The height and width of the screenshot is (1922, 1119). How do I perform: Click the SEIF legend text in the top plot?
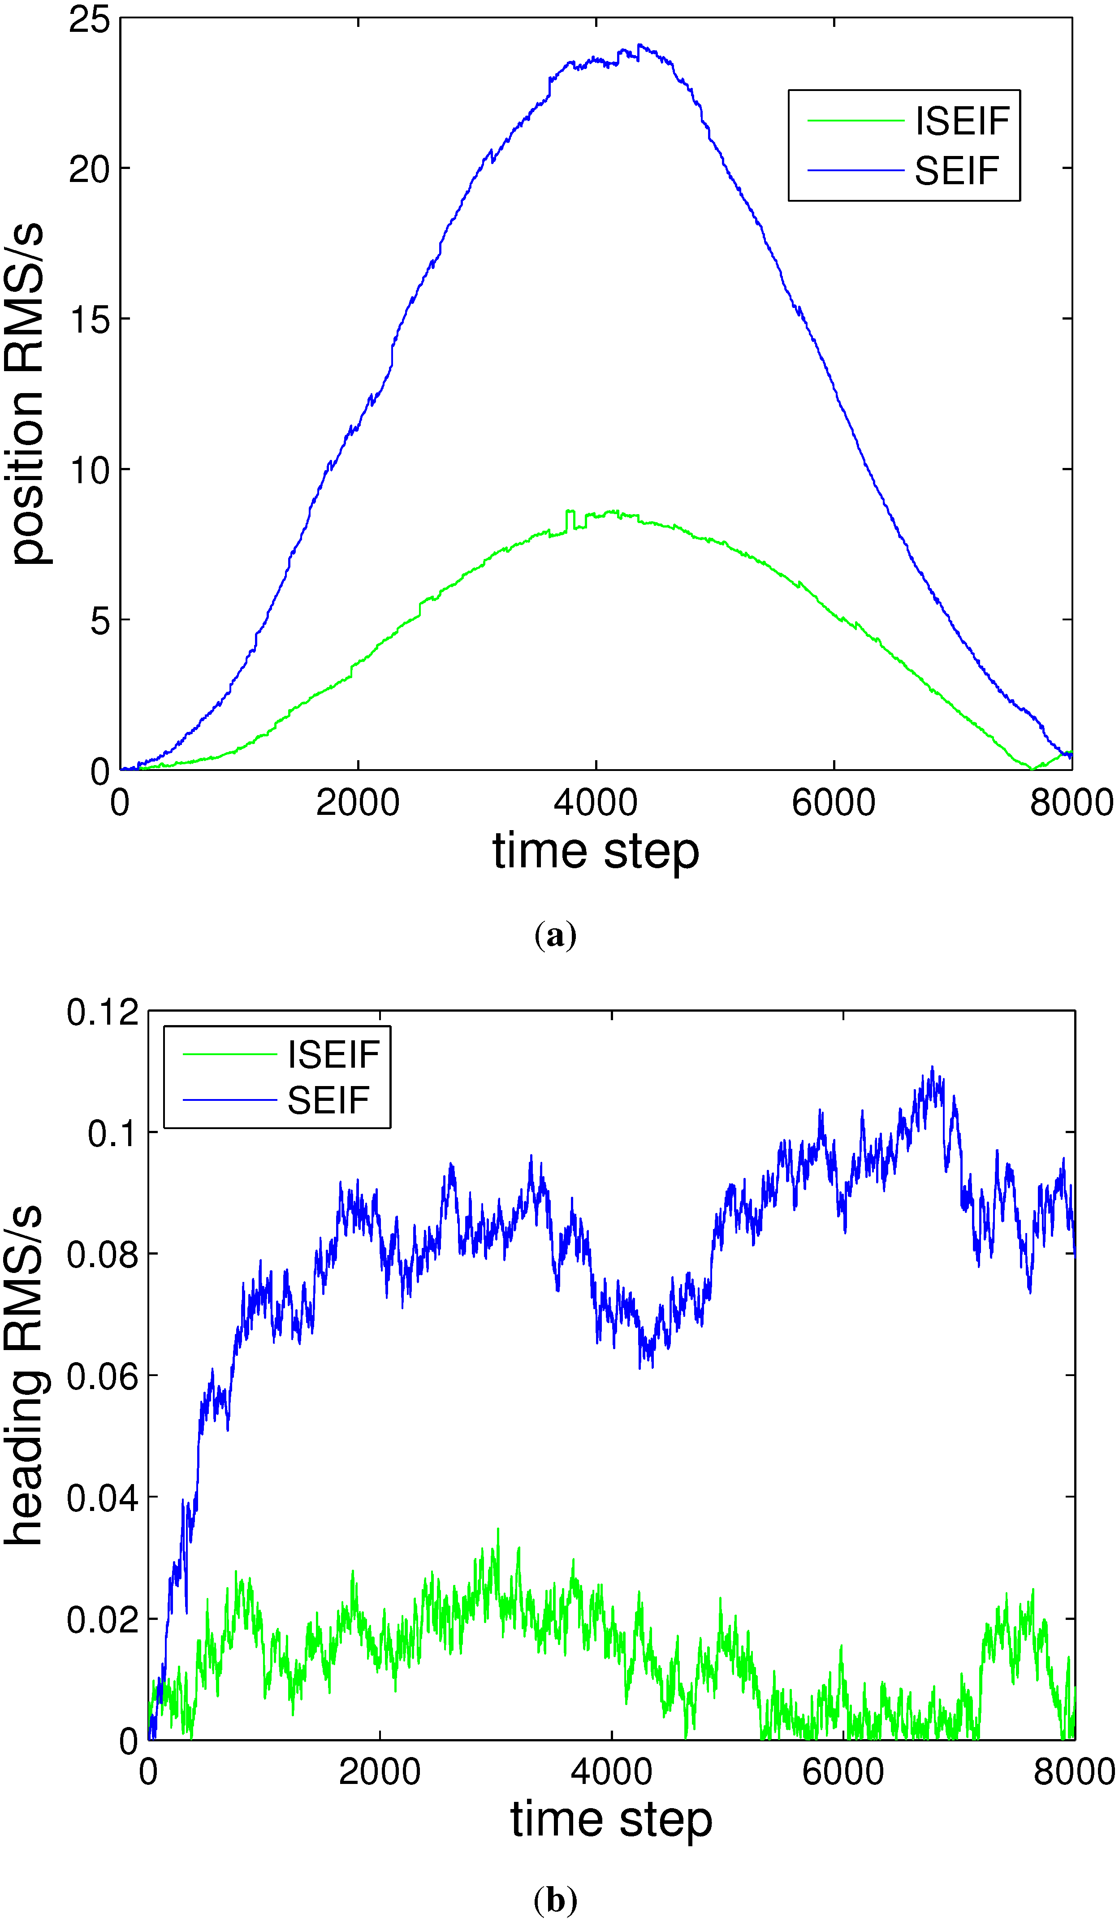click(x=956, y=171)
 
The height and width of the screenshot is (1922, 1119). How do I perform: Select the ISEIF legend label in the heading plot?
click(x=333, y=1055)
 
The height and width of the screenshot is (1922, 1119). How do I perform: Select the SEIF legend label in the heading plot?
click(x=328, y=1100)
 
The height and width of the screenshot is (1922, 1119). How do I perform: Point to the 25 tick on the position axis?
click(x=89, y=19)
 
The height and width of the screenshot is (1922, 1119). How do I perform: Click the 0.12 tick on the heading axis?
click(x=102, y=1013)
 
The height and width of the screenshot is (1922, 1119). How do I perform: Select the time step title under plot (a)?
click(x=595, y=852)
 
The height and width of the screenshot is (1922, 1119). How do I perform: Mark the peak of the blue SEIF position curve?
click(x=639, y=45)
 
